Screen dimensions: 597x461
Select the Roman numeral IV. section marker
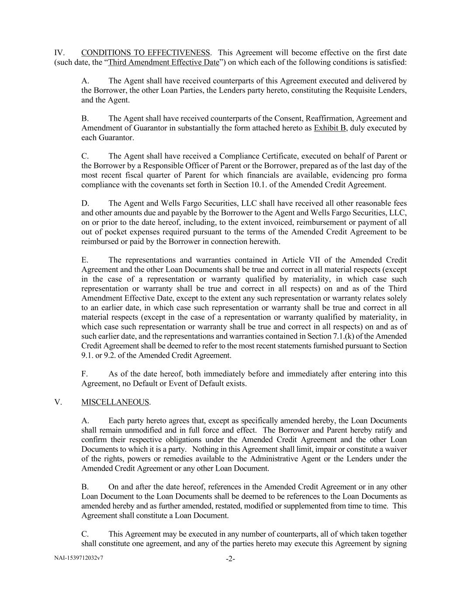59,53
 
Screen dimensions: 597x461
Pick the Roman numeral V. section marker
58,402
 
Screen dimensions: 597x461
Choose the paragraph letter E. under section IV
85,260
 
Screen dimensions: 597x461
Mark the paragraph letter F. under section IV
85,374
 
